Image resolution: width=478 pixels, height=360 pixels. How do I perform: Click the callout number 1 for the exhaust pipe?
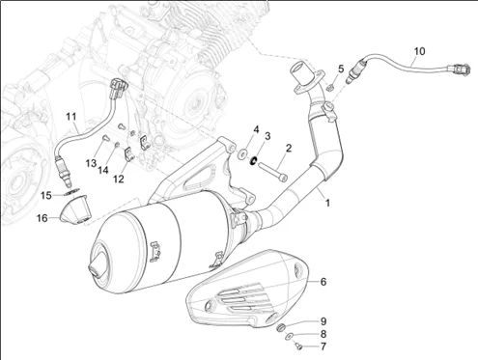pos(327,203)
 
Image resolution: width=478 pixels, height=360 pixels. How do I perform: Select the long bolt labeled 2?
pos(272,172)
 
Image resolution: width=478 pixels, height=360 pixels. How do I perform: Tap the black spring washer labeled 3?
pos(254,160)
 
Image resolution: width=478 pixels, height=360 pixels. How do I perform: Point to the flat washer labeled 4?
pos(242,153)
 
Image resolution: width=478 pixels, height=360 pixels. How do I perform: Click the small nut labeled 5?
pos(329,87)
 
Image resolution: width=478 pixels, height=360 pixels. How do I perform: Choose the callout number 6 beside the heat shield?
pos(323,282)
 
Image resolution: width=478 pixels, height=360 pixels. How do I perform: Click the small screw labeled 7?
pos(299,346)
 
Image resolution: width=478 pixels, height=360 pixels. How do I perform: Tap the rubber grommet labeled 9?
pos(281,327)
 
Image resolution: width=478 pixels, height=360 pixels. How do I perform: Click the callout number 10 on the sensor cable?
pos(419,51)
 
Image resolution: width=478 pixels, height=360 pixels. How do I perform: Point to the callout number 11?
pos(71,117)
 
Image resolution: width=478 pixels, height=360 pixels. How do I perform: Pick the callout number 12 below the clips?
pos(119,179)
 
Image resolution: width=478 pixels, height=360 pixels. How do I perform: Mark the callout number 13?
pos(91,163)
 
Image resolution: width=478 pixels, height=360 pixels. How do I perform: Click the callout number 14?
pos(103,170)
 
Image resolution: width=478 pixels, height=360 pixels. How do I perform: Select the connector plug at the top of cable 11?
pos(118,88)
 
